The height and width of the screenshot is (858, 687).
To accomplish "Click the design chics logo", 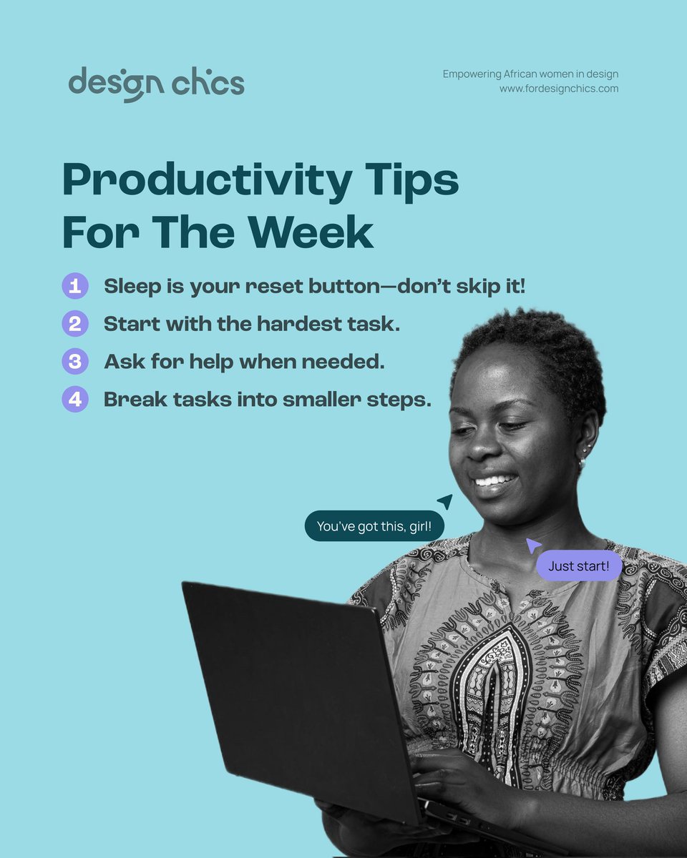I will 156,84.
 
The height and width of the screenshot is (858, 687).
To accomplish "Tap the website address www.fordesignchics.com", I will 559,89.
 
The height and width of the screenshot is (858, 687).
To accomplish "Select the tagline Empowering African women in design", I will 530,74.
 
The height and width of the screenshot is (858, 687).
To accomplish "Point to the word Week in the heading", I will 309,232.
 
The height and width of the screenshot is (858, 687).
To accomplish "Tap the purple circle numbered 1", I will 74,287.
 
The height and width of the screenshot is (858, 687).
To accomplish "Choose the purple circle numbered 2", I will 74,324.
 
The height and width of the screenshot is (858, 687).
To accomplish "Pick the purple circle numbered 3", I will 74,361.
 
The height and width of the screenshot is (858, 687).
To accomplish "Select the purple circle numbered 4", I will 74,399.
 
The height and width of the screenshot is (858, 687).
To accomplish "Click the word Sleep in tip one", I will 133,287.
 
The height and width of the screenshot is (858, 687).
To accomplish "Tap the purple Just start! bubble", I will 579,566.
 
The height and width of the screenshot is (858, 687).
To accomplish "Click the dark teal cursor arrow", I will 445,501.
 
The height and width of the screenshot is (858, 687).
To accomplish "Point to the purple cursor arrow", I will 533,546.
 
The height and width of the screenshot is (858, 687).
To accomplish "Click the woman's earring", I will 581,461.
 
